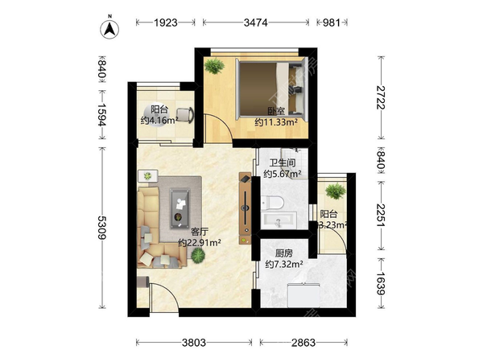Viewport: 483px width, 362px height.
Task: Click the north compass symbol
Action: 109,29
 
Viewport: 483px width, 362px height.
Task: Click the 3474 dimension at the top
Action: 256,23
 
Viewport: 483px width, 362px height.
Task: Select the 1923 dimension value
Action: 166,23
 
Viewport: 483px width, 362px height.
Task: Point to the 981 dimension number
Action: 331,23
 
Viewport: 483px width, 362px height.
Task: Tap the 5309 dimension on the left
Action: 102,227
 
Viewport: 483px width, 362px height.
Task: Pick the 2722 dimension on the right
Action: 381,97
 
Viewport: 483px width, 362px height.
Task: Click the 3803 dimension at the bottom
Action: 194,343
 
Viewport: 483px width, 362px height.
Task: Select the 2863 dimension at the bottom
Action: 303,343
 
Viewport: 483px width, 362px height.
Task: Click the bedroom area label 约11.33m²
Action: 276,122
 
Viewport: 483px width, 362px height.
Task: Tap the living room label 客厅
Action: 200,232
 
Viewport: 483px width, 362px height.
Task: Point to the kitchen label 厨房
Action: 283,253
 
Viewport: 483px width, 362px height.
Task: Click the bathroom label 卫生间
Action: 283,162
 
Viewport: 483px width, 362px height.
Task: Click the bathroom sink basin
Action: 279,220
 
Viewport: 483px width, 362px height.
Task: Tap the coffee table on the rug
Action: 180,208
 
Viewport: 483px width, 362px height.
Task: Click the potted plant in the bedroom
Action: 214,66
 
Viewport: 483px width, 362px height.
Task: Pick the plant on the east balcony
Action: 336,191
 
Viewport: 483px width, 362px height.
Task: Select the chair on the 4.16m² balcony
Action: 185,115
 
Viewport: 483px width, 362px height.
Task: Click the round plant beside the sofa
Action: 197,255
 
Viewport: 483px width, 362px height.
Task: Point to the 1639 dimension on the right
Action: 381,283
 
